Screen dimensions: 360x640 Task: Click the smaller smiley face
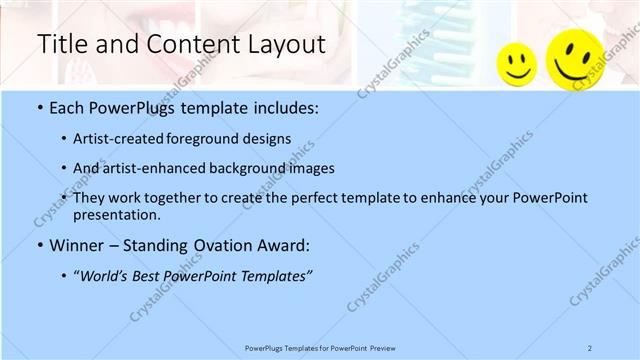point(517,64)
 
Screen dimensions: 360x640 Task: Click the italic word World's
point(106,275)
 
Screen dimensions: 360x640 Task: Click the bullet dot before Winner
point(39,245)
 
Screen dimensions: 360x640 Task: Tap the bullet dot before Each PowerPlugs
point(39,107)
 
